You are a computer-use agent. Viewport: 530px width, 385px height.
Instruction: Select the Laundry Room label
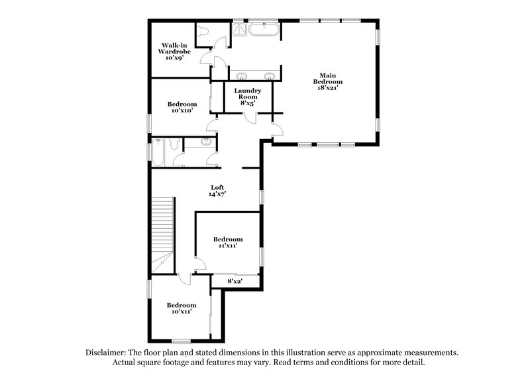(x=247, y=91)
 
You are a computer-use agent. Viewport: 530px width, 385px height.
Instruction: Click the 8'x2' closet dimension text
(x=235, y=282)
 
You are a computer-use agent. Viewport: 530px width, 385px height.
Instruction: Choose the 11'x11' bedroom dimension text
(x=227, y=245)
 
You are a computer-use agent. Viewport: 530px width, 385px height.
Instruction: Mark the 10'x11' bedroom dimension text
(x=181, y=311)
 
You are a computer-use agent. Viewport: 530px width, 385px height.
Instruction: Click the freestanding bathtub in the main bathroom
(x=264, y=28)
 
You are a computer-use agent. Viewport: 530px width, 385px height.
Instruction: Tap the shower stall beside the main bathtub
(x=238, y=28)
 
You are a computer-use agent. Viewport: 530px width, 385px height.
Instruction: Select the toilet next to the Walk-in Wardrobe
(x=203, y=32)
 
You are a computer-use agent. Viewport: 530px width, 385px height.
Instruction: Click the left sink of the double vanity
(x=243, y=74)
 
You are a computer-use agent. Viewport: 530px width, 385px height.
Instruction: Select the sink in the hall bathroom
(x=205, y=142)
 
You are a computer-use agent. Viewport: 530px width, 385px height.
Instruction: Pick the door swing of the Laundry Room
(x=251, y=117)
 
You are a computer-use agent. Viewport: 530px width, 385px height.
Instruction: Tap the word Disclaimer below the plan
(x=109, y=353)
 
